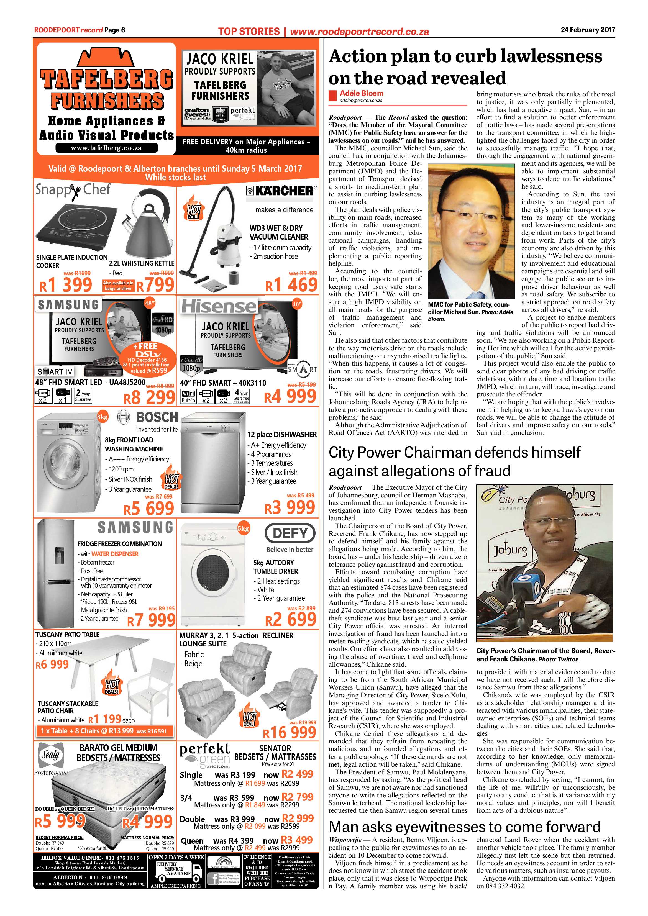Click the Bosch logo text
(157, 417)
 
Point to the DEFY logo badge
(290, 533)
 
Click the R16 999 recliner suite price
(290, 732)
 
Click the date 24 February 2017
(588, 30)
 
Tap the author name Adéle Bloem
(362, 93)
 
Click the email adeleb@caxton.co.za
(361, 101)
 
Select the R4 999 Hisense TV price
(290, 396)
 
